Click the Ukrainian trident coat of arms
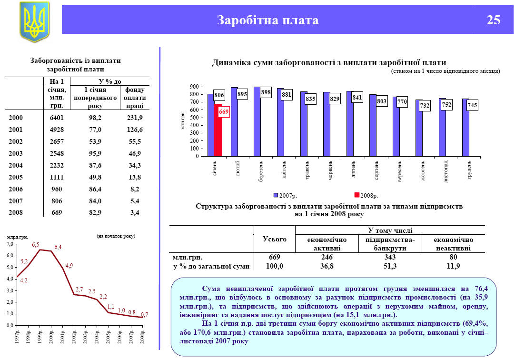34,22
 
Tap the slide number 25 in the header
494,20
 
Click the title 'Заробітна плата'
267,20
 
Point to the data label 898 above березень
266,92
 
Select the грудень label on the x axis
469,170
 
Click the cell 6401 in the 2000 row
57,118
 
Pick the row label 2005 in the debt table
16,177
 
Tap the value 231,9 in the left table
135,118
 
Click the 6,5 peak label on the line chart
36,245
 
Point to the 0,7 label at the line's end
145,314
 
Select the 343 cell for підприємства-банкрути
389,257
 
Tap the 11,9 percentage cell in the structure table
453,266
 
